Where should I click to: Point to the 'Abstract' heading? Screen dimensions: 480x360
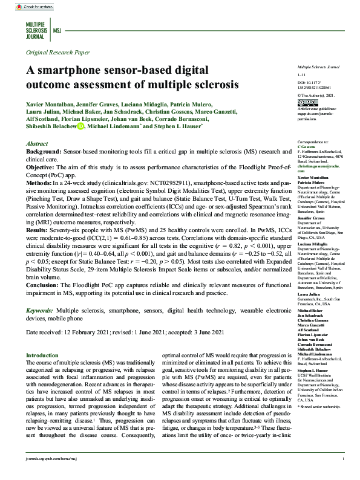coord(38,144)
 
